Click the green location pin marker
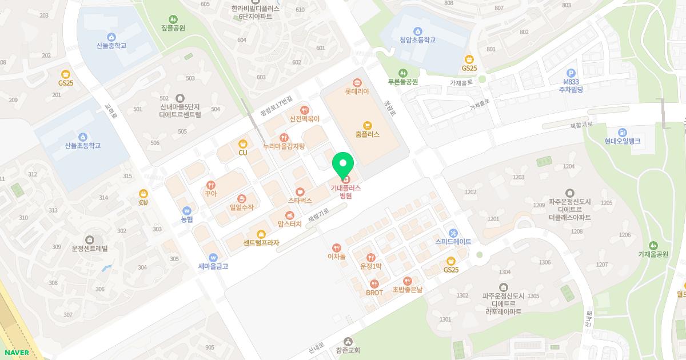click(343, 166)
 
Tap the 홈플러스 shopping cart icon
click(368, 125)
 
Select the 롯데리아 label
click(357, 91)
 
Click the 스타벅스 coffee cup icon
click(300, 191)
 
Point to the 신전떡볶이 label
click(305, 119)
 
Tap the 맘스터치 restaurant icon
click(289, 215)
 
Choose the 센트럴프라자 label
click(261, 243)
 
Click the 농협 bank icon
click(187, 210)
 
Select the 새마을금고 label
click(213, 266)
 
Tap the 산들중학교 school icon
click(111, 36)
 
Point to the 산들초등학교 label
click(83, 146)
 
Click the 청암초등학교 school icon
click(418, 31)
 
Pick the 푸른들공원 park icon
click(403, 73)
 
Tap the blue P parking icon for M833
click(570, 73)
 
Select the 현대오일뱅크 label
click(623, 141)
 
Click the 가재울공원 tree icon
click(653, 245)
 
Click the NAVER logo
click(15, 353)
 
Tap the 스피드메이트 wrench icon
click(453, 233)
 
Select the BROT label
click(374, 293)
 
